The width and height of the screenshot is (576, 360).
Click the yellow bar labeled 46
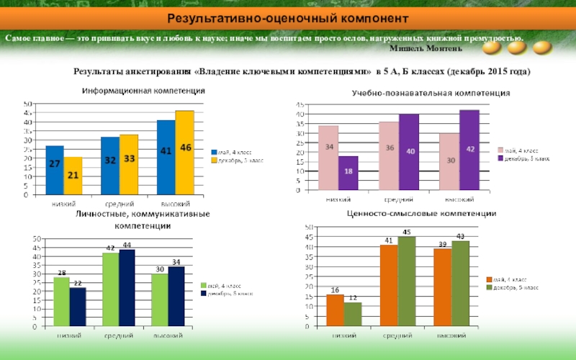(x=185, y=153)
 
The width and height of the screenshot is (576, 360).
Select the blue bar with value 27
(x=55, y=170)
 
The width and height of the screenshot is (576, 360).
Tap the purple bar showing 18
(x=348, y=174)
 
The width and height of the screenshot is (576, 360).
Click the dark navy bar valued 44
(x=127, y=287)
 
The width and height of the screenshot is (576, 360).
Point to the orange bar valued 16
(x=335, y=310)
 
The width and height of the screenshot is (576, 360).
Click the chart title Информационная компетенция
(x=143, y=91)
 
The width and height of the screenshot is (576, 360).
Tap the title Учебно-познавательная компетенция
(x=431, y=94)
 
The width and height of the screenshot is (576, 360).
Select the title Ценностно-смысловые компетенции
(x=421, y=214)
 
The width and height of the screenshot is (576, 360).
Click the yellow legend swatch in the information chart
(x=213, y=160)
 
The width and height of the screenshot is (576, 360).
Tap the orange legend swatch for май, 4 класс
(x=489, y=279)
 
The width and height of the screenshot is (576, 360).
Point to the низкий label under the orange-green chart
(x=343, y=336)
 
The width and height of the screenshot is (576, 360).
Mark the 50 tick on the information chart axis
(x=27, y=104)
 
